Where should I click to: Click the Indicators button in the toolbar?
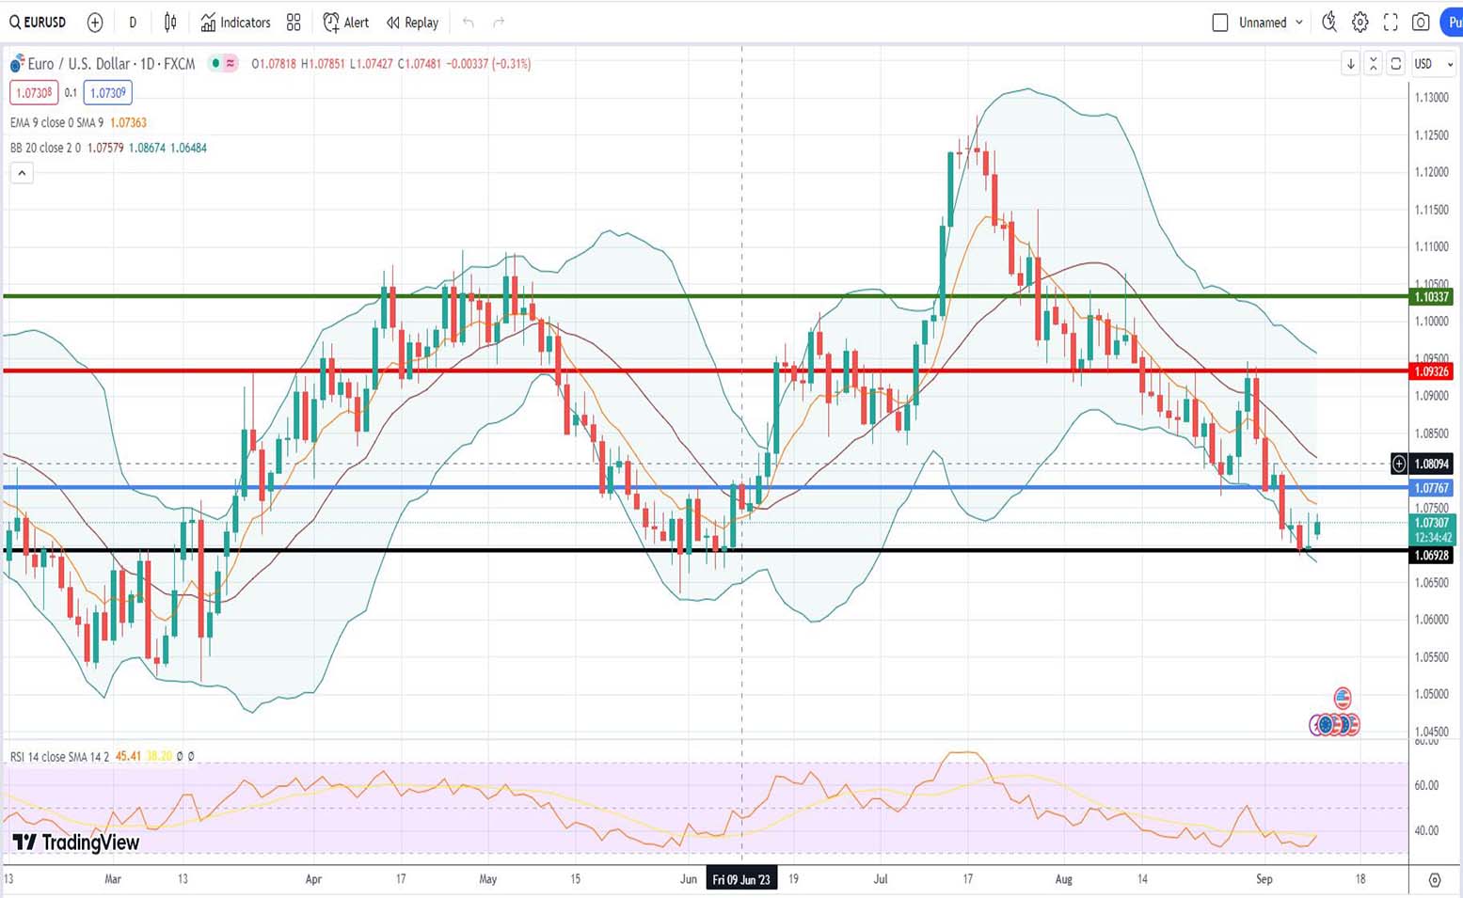(235, 23)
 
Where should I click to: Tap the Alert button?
(345, 23)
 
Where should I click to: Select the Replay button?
(412, 23)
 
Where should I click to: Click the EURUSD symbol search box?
(39, 23)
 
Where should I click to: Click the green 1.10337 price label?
(1431, 297)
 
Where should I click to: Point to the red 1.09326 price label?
(1431, 371)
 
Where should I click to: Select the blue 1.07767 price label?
(1431, 488)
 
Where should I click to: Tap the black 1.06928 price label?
(1431, 556)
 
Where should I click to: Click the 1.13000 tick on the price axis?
(1431, 98)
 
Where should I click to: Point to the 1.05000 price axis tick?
(1431, 694)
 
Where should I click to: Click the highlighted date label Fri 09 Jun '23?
(741, 879)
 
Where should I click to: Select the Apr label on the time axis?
(313, 879)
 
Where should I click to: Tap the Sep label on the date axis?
(1264, 879)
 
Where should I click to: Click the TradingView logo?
(76, 843)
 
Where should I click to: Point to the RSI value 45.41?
(128, 756)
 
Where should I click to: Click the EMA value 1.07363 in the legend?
(128, 122)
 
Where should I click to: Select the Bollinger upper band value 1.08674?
(147, 148)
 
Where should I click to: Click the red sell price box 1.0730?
(34, 93)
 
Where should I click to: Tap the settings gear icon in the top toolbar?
(1360, 23)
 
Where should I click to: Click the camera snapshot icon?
(1421, 23)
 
